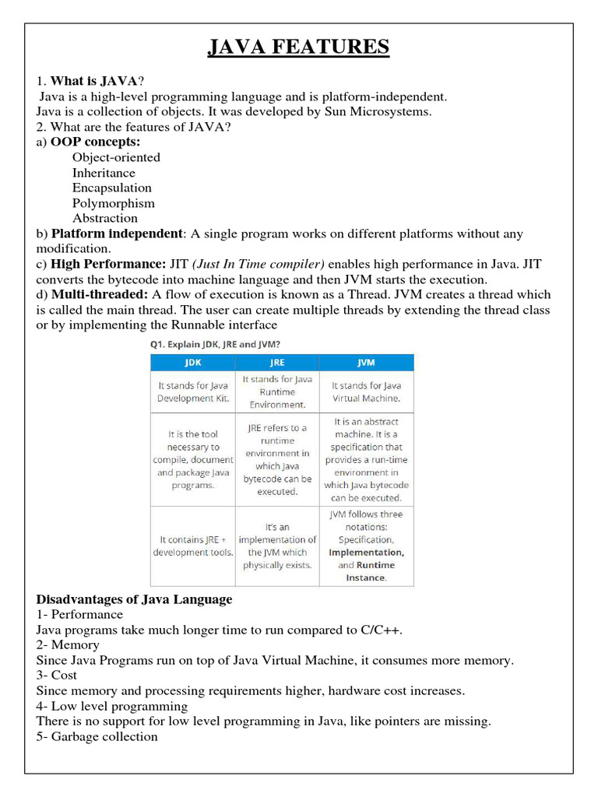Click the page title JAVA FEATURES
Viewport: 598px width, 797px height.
pos(298,47)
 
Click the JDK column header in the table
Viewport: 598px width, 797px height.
pos(192,363)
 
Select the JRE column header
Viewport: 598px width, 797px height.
pos(277,363)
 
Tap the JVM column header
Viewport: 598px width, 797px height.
pos(366,363)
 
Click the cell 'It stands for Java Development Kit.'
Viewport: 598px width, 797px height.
pos(192,391)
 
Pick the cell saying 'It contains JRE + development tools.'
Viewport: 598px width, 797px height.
pos(192,546)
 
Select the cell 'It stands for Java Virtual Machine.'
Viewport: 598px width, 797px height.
pos(366,391)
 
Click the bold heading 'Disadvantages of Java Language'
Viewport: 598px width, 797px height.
pos(134,599)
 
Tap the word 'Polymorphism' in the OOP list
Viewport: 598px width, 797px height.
pos(114,203)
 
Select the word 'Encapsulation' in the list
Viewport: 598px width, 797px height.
pos(112,188)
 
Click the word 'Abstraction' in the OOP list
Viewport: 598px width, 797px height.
pos(105,218)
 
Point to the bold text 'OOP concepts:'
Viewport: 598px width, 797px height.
pos(95,142)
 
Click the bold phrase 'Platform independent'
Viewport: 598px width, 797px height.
pos(117,233)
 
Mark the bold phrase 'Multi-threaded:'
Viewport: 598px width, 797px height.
pos(100,294)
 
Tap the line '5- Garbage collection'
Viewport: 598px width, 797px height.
pos(97,736)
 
